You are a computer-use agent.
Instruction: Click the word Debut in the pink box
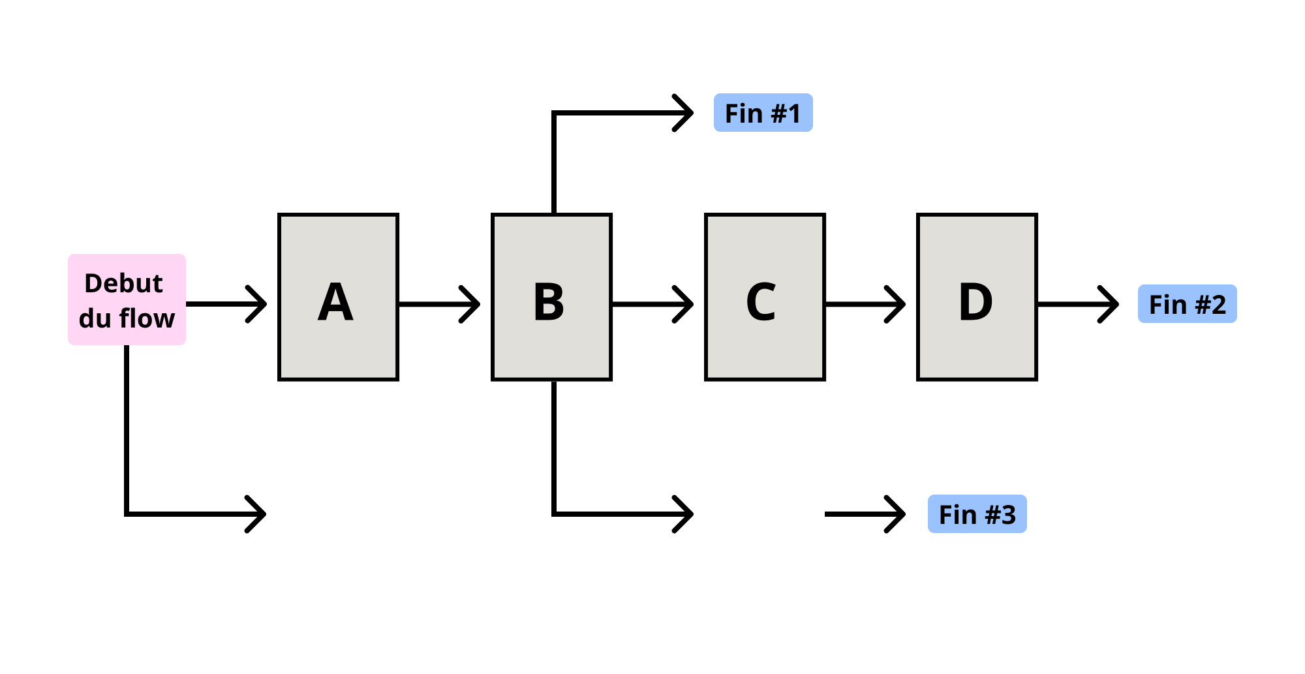[123, 283]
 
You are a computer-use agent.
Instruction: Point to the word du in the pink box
[95, 318]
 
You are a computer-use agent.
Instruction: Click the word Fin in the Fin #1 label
[744, 114]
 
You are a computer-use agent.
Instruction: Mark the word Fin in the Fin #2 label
[1167, 305]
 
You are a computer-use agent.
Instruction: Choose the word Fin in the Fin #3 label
[957, 515]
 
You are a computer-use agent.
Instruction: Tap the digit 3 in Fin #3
[1009, 515]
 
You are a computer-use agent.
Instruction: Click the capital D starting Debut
[93, 283]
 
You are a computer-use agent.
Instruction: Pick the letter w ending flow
[165, 319]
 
